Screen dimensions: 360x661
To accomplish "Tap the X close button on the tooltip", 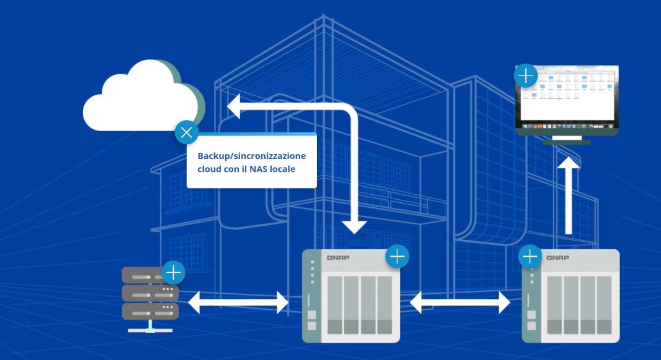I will (x=186, y=132).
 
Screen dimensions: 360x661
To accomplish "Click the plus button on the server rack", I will (x=173, y=272).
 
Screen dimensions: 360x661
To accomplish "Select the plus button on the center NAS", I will (x=397, y=256).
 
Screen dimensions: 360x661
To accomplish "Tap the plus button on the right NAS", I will (x=530, y=256).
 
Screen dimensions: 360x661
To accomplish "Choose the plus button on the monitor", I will (x=525, y=76).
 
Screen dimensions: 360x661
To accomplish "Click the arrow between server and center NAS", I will (x=238, y=302).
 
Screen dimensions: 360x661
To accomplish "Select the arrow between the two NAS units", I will (x=460, y=302).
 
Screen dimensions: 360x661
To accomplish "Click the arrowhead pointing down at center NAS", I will (x=355, y=226).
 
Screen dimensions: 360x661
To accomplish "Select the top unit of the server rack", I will (x=150, y=275).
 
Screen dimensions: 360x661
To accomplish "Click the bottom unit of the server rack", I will (x=150, y=310).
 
